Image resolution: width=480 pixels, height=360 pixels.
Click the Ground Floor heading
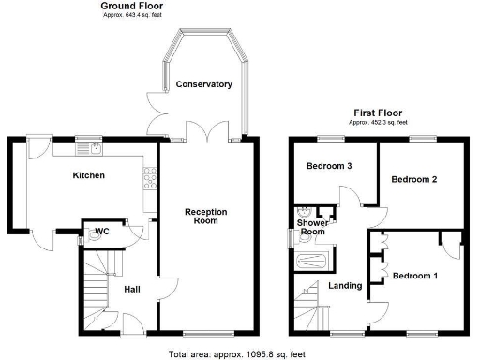(x=133, y=6)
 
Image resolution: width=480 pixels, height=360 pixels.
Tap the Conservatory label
(x=203, y=84)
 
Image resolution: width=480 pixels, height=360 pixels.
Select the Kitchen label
(x=89, y=175)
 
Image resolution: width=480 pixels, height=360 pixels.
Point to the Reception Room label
(x=205, y=217)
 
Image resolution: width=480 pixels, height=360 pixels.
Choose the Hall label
(x=132, y=289)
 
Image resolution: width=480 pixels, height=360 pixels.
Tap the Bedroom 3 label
(x=329, y=167)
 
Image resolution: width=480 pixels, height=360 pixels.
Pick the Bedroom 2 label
(x=413, y=178)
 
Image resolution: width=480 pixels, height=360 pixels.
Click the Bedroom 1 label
(x=413, y=277)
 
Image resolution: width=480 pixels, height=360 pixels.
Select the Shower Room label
(x=311, y=228)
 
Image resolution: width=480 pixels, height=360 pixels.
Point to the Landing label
(x=345, y=285)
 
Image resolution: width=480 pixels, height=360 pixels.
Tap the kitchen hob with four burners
(x=148, y=174)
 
